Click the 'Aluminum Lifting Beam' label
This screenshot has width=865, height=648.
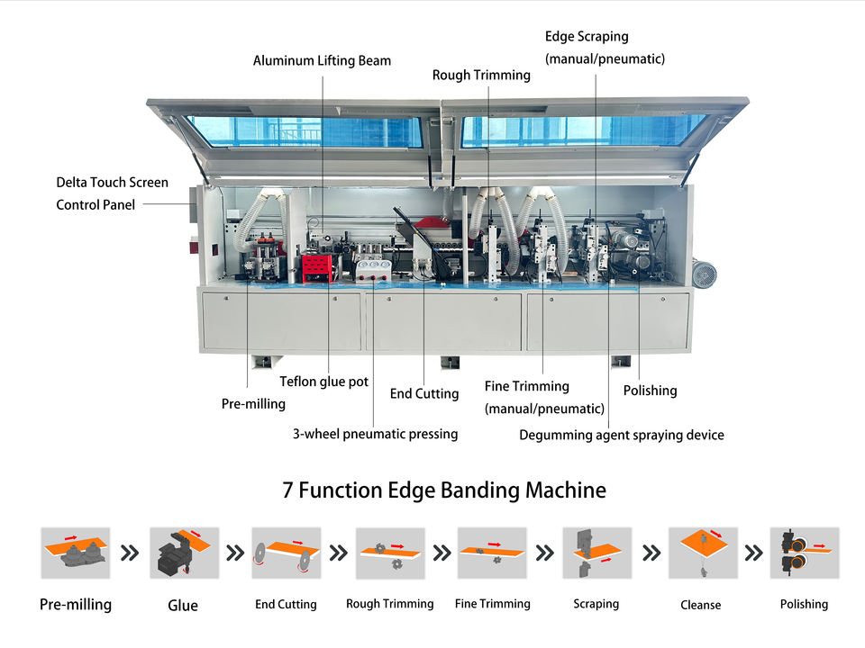point(322,60)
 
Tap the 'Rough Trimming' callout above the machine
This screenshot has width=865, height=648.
point(481,76)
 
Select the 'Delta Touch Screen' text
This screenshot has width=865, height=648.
point(112,183)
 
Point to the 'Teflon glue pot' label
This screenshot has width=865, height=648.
point(323,382)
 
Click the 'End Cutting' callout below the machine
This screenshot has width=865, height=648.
point(423,393)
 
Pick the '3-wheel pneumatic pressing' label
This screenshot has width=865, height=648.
point(375,434)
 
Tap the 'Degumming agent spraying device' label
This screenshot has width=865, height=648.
point(621,435)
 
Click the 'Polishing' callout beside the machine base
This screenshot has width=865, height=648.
point(650,391)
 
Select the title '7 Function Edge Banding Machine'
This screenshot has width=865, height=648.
point(444,490)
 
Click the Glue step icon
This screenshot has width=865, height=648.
point(184,553)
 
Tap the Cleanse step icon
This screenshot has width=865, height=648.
point(702,553)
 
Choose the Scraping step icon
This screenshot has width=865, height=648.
point(596,553)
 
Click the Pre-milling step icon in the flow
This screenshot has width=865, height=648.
point(75,553)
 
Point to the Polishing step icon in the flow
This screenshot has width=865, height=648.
point(804,553)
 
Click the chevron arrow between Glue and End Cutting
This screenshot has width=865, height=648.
point(235,553)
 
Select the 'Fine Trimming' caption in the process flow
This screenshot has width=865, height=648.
point(492,604)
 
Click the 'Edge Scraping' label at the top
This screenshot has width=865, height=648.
point(587,37)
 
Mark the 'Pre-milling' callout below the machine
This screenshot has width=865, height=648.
point(253,404)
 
